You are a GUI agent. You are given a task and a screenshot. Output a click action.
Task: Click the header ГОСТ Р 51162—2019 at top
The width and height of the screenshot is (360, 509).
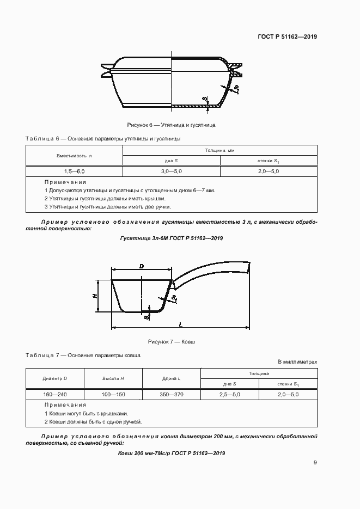pos(287,37)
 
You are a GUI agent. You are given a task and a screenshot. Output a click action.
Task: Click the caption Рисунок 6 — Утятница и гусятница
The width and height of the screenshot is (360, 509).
pos(171,125)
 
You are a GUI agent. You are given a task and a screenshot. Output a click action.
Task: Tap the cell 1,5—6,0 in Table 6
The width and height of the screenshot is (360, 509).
pos(75,171)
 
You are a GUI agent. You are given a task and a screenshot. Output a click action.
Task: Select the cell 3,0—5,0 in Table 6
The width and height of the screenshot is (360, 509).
pos(171,171)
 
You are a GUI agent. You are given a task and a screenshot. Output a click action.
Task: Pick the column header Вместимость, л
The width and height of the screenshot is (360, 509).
pos(75,156)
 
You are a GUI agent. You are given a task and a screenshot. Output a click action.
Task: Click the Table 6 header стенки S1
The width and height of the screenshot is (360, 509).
pos(268,161)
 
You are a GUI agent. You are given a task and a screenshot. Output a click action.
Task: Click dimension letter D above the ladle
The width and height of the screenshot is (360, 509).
pos(141,266)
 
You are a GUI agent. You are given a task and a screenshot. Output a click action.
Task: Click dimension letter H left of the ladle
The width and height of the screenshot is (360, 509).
pos(94,296)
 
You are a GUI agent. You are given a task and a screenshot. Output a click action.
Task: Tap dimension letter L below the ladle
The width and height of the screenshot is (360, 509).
pos(180,324)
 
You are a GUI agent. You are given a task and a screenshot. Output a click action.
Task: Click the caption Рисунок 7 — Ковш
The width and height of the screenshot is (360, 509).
pos(171,342)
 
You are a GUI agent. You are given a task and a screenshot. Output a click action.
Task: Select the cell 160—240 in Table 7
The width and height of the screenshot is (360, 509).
pos(54,394)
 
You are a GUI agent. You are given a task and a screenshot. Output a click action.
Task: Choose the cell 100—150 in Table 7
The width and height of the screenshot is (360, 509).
pos(113,394)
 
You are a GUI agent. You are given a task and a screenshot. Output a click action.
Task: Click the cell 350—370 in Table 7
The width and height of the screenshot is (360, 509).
pos(171,394)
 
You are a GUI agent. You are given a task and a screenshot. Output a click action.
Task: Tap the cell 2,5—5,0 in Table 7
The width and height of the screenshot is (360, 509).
pos(230,394)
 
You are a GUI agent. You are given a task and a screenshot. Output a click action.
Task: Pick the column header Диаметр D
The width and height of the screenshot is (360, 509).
pos(54,378)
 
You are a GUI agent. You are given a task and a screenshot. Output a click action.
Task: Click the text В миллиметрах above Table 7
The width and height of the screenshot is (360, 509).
pos(297,361)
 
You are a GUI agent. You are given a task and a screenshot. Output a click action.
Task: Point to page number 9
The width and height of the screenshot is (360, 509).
pos(315,463)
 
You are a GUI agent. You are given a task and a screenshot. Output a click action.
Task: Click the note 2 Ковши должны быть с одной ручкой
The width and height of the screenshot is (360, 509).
pos(93,422)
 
